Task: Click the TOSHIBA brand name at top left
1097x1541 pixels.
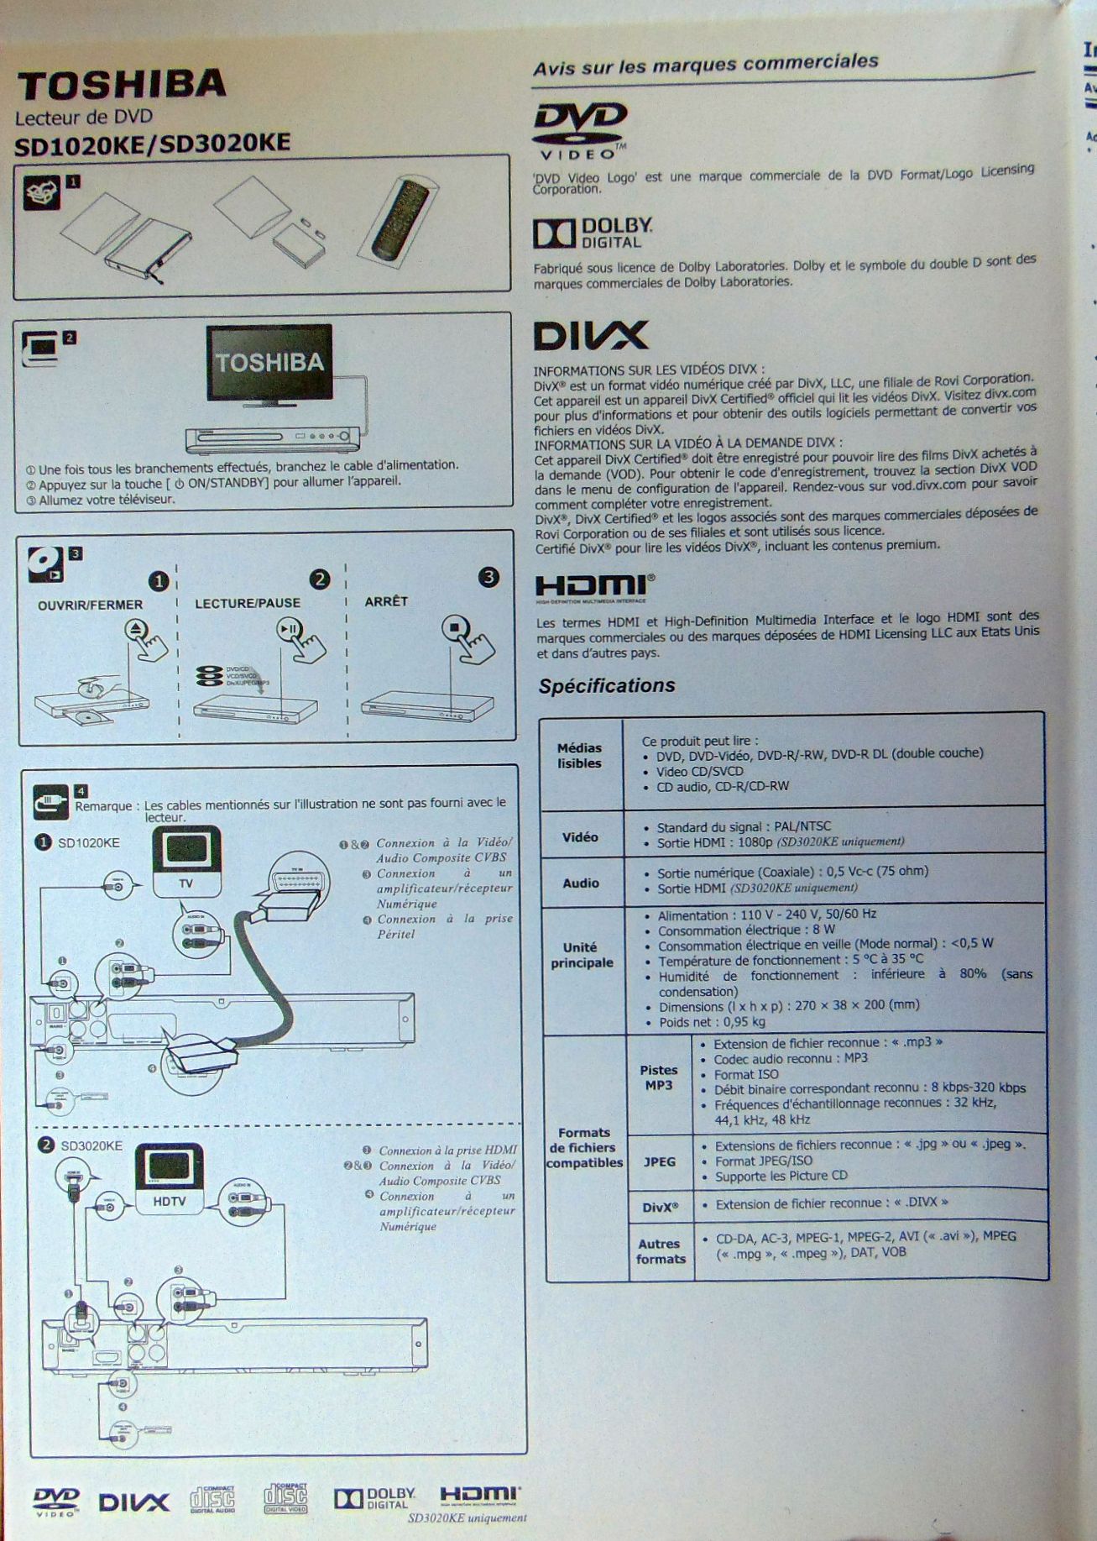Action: [122, 84]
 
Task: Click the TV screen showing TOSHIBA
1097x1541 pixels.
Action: [269, 362]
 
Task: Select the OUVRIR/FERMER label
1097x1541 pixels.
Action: [90, 605]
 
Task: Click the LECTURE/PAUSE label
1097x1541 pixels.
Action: [248, 603]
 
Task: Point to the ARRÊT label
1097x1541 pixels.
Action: [386, 601]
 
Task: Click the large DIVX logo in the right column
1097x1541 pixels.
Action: [591, 336]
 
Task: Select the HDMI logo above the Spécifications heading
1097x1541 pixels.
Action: [595, 587]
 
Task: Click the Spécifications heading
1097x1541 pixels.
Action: [607, 686]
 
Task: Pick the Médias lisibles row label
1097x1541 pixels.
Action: [580, 756]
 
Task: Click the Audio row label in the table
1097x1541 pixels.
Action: [581, 883]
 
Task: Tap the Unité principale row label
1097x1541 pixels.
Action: [581, 955]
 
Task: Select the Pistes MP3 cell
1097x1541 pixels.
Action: [659, 1077]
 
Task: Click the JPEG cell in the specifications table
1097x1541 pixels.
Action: [660, 1161]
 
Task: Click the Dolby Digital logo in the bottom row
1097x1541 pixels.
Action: [375, 1498]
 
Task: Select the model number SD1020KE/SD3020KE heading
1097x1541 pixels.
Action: [153, 144]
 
